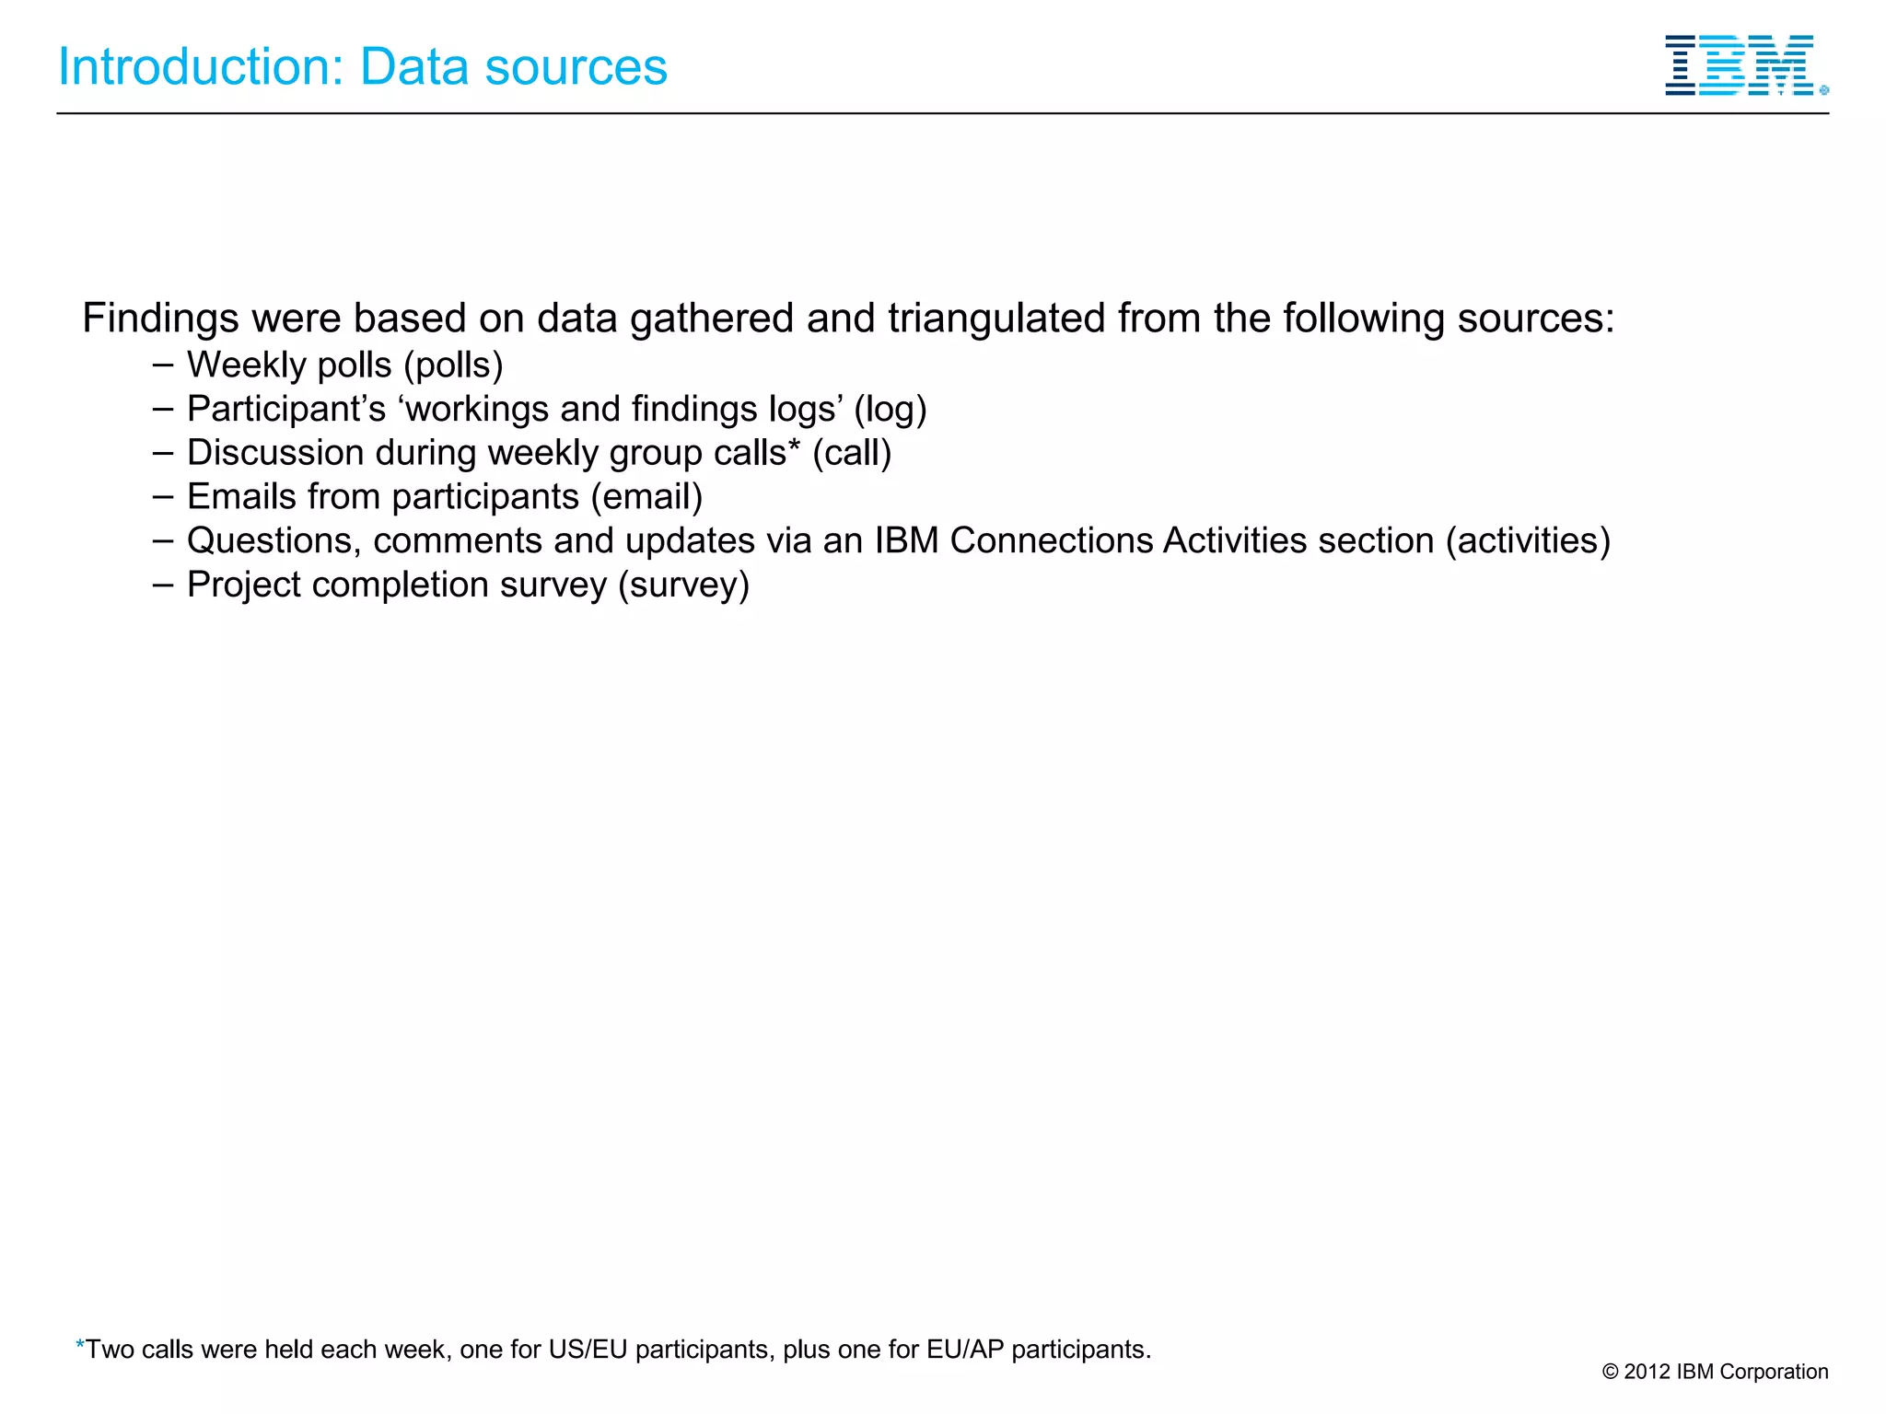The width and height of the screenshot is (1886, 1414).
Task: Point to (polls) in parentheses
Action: pyautogui.click(x=453, y=365)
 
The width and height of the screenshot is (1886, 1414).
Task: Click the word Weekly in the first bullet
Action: pyautogui.click(x=242, y=365)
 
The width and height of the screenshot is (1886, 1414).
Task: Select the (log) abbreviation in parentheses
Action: pyautogui.click(x=890, y=410)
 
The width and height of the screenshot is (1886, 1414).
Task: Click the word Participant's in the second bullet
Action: pyautogui.click(x=286, y=410)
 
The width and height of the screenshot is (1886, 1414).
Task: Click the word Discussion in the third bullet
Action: pyautogui.click(x=275, y=453)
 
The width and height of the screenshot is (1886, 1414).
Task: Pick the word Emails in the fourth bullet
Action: pyautogui.click(x=240, y=497)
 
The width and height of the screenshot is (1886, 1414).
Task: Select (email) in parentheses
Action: pyautogui.click(x=646, y=497)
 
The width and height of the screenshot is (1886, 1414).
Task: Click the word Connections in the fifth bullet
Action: pyautogui.click(x=1051, y=541)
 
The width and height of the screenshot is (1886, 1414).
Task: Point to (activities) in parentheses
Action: pyautogui.click(x=1528, y=541)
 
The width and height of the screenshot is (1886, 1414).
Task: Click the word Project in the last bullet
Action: pyautogui.click(x=244, y=585)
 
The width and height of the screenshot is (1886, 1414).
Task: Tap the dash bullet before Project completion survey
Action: pyautogui.click(x=163, y=584)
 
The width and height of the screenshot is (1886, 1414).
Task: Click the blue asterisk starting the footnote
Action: pyautogui.click(x=80, y=1345)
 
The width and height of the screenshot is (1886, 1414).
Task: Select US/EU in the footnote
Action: pyautogui.click(x=588, y=1350)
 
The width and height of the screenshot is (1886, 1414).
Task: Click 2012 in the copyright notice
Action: pyautogui.click(x=1647, y=1372)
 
